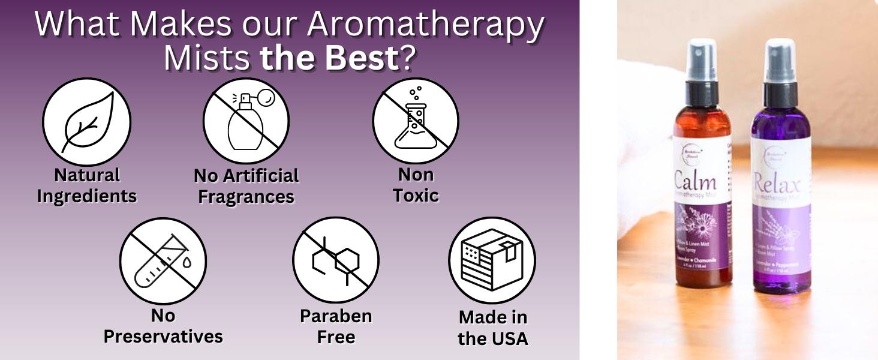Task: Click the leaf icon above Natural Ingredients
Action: (x=86, y=122)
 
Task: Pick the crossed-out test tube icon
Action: (x=163, y=260)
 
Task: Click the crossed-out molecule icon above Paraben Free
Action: (x=336, y=260)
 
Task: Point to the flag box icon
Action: (x=492, y=260)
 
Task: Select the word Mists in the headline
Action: (x=207, y=58)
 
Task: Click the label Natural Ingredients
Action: (x=86, y=185)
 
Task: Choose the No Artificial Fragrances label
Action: (x=246, y=186)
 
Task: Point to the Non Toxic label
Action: (x=416, y=185)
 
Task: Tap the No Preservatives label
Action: (x=163, y=326)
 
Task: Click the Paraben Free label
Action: (x=336, y=326)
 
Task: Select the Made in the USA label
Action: (x=492, y=328)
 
